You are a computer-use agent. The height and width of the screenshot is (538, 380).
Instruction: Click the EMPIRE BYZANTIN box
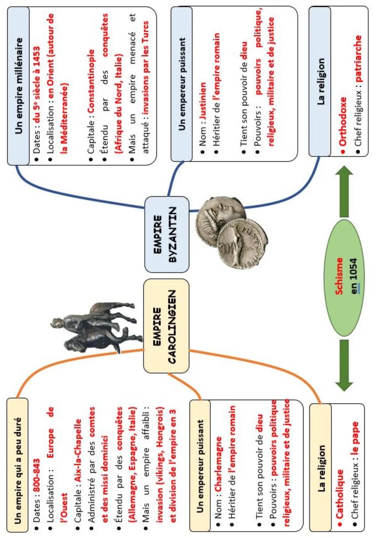(x=167, y=234)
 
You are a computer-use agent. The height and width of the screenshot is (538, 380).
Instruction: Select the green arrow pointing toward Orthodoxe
(x=346, y=190)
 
